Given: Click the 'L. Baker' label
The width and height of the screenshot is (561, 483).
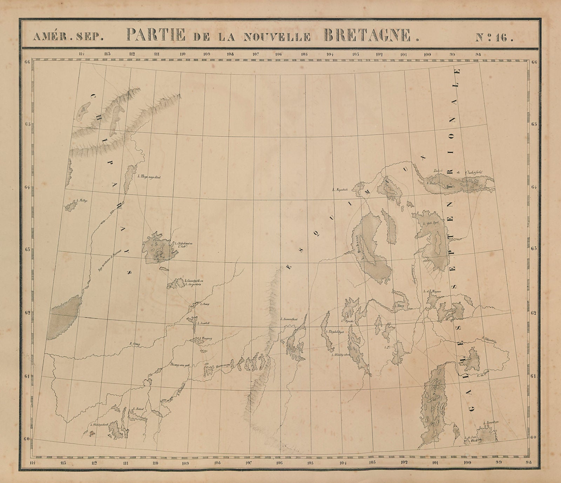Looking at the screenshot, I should pos(431,183).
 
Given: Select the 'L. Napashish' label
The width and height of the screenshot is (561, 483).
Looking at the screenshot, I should pos(340,189).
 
